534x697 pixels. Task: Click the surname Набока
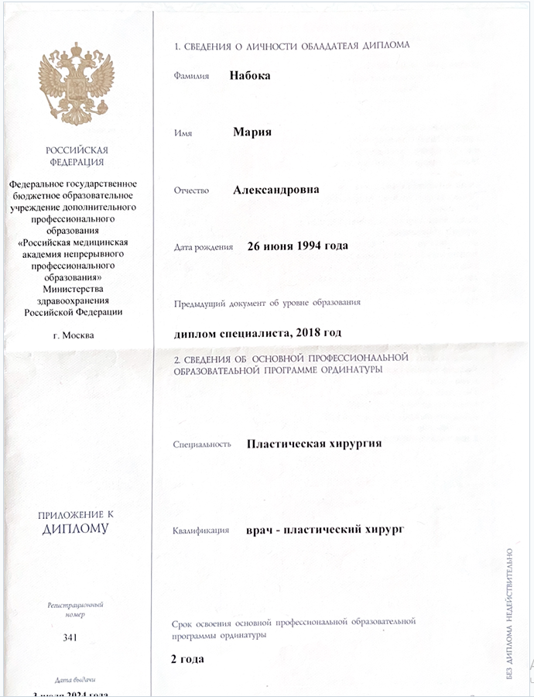[x=250, y=75]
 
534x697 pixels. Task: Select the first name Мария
[x=252, y=132]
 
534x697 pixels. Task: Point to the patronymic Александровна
[x=276, y=189]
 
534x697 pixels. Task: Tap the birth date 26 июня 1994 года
[x=297, y=246]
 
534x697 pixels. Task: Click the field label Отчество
[x=192, y=191]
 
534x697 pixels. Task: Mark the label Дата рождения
[x=204, y=248]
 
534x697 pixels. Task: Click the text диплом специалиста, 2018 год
[x=258, y=332]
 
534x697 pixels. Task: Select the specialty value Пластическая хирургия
[x=313, y=444]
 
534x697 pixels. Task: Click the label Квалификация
[x=202, y=531]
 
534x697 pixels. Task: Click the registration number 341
[x=76, y=638]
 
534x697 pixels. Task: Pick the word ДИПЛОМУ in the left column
[x=76, y=529]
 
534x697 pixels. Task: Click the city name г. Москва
[x=74, y=335]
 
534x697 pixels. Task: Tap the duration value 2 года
[x=188, y=659]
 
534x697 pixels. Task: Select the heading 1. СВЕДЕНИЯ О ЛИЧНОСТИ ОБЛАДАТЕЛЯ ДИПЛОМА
[x=292, y=45]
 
